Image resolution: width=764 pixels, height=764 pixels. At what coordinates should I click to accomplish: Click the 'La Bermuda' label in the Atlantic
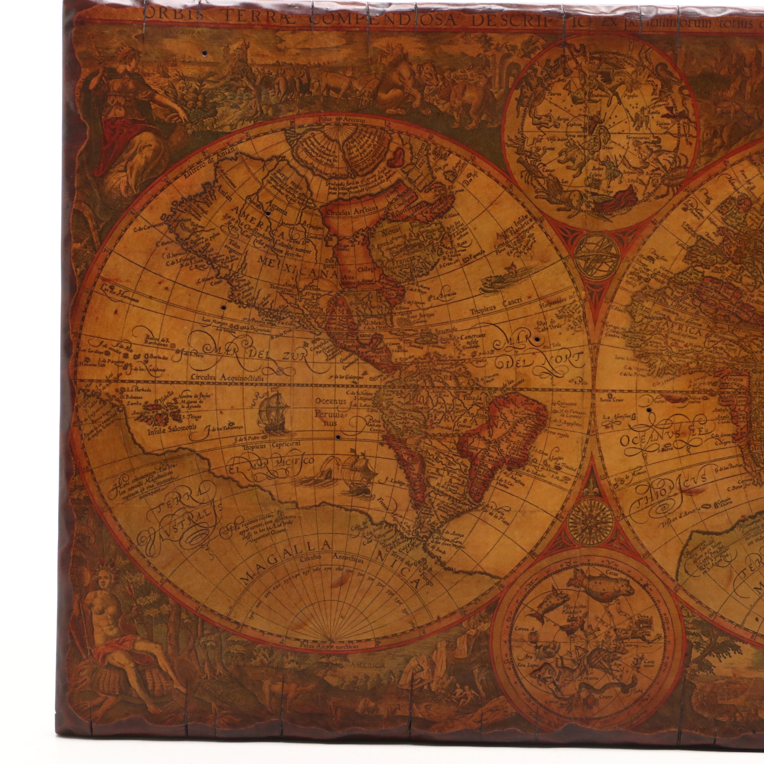pos(445,297)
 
